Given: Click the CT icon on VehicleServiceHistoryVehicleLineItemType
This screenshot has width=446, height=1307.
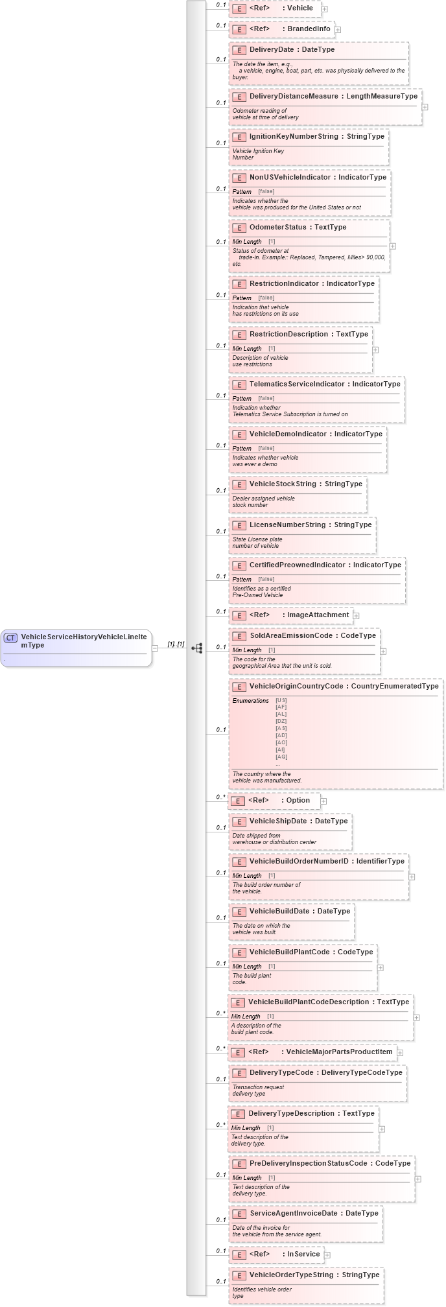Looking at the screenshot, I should [11, 638].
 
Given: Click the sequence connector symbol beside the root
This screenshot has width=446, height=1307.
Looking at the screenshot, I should [197, 648].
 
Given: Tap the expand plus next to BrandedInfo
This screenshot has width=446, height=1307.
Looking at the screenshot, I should [338, 30].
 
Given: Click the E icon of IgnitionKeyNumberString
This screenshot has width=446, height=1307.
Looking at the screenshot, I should [239, 137].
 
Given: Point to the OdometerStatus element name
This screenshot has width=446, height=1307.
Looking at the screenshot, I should [277, 228].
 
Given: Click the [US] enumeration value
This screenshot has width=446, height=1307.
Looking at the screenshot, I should [281, 700].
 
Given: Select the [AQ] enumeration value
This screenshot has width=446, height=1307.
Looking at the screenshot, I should [281, 757].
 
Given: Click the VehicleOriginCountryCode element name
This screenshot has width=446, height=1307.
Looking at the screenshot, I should [296, 686].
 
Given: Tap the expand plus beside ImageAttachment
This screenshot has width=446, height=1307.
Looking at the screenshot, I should [356, 616].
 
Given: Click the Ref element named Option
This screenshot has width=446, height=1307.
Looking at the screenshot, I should [298, 800].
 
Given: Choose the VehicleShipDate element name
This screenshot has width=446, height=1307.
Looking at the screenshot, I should [278, 821].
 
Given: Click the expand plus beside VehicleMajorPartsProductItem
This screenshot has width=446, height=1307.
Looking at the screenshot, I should [400, 1053].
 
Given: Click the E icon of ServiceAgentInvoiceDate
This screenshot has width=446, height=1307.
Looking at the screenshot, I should [239, 1214].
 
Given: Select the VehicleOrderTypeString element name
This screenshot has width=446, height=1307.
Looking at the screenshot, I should [291, 1275].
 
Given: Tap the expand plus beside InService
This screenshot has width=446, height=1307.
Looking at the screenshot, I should [327, 1255].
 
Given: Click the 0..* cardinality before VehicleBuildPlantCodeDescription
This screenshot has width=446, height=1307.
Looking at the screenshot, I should [220, 1013].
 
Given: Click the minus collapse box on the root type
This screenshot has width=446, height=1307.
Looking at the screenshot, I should [155, 648].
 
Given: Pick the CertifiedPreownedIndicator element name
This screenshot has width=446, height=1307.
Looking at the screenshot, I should [297, 565].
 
